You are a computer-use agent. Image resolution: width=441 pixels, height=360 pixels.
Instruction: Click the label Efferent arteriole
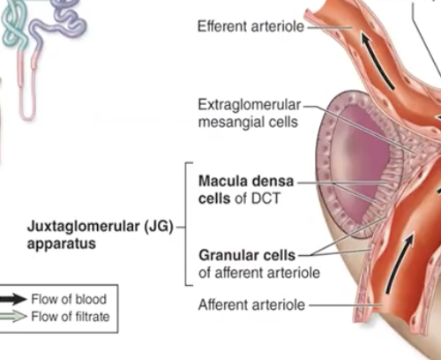tap(250, 27)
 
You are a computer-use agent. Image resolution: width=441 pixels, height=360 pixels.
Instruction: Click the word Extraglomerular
tap(243, 106)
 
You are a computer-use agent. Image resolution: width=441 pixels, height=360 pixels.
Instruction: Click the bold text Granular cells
tap(246, 255)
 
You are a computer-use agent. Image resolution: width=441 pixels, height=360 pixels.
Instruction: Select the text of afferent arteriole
tap(259, 272)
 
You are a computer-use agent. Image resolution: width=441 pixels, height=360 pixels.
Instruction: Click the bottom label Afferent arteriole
tap(251, 304)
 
